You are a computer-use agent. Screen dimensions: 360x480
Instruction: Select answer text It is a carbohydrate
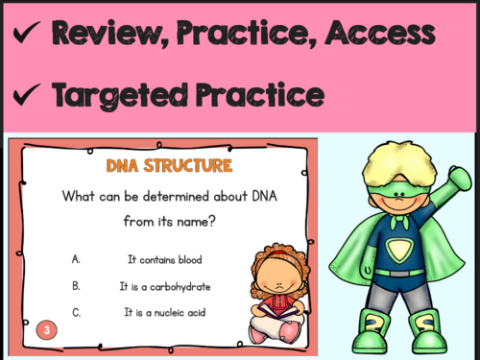pyautogui.click(x=164, y=286)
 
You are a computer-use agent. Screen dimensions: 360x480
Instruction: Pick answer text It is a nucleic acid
pyautogui.click(x=164, y=312)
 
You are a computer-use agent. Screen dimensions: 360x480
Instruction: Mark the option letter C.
pyautogui.click(x=76, y=312)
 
